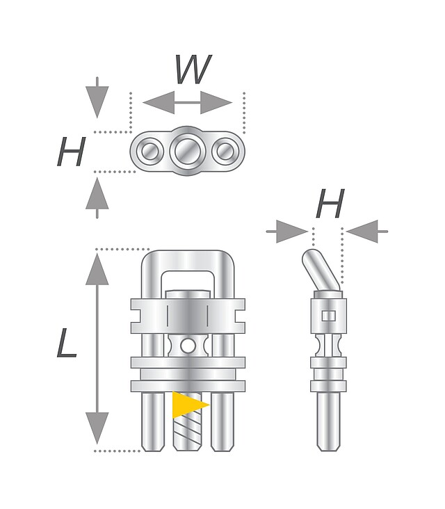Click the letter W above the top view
(x=193, y=70)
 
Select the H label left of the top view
(x=72, y=152)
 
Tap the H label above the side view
(x=330, y=204)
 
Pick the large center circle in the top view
(x=188, y=150)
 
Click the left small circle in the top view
(x=148, y=150)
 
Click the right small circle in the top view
(x=225, y=150)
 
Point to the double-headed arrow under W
(x=187, y=103)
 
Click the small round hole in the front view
(x=188, y=346)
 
